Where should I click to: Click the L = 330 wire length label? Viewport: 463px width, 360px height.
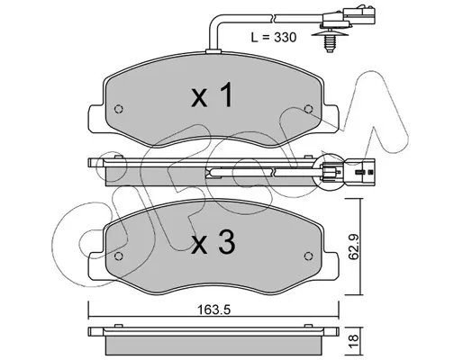tap(274, 38)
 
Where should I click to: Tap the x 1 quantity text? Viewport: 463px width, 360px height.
tap(212, 94)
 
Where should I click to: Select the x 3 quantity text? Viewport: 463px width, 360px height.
tap(213, 244)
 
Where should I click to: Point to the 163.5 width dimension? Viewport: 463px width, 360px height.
tap(213, 310)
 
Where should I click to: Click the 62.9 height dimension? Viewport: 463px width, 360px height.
tap(354, 247)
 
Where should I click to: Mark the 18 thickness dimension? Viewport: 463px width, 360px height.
tap(354, 341)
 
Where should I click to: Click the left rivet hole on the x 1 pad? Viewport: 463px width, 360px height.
tap(119, 109)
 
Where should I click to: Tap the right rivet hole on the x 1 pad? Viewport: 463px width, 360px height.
tap(308, 109)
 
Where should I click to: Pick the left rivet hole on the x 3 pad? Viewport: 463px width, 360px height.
tap(119, 256)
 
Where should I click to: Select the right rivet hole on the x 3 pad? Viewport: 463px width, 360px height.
tap(308, 256)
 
